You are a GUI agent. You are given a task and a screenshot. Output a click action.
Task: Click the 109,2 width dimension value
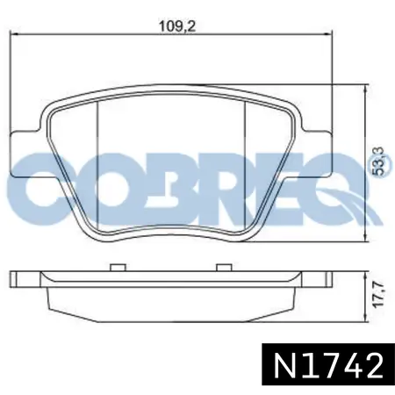[x=177, y=26]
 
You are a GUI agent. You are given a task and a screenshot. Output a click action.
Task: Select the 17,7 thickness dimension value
[x=379, y=294]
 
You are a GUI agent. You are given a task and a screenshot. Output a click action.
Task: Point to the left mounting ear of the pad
[x=25, y=154]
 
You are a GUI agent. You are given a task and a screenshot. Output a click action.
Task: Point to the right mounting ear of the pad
[x=318, y=154]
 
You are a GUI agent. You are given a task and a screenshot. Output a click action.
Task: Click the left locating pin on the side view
[x=118, y=268]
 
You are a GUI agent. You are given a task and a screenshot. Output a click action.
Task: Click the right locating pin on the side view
[x=224, y=268]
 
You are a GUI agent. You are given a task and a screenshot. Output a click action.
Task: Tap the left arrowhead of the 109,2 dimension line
[x=14, y=34]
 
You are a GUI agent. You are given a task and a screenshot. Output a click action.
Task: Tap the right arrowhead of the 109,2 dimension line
[x=328, y=34]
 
